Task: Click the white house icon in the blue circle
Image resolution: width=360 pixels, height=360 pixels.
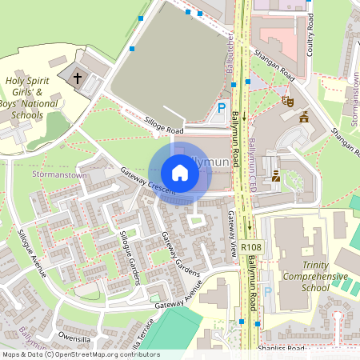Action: click(x=180, y=172)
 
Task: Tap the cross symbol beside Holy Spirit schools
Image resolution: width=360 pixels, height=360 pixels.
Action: click(x=78, y=78)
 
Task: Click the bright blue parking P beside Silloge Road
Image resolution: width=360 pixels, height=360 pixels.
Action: click(x=222, y=108)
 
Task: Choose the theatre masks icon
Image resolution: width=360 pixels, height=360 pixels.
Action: click(x=286, y=101)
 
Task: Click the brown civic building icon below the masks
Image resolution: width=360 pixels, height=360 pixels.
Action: click(x=304, y=118)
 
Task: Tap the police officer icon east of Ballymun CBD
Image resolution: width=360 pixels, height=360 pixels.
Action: click(x=276, y=174)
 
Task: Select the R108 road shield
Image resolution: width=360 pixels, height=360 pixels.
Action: click(x=250, y=248)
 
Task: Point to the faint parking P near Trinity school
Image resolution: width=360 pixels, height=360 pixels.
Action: click(x=268, y=294)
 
